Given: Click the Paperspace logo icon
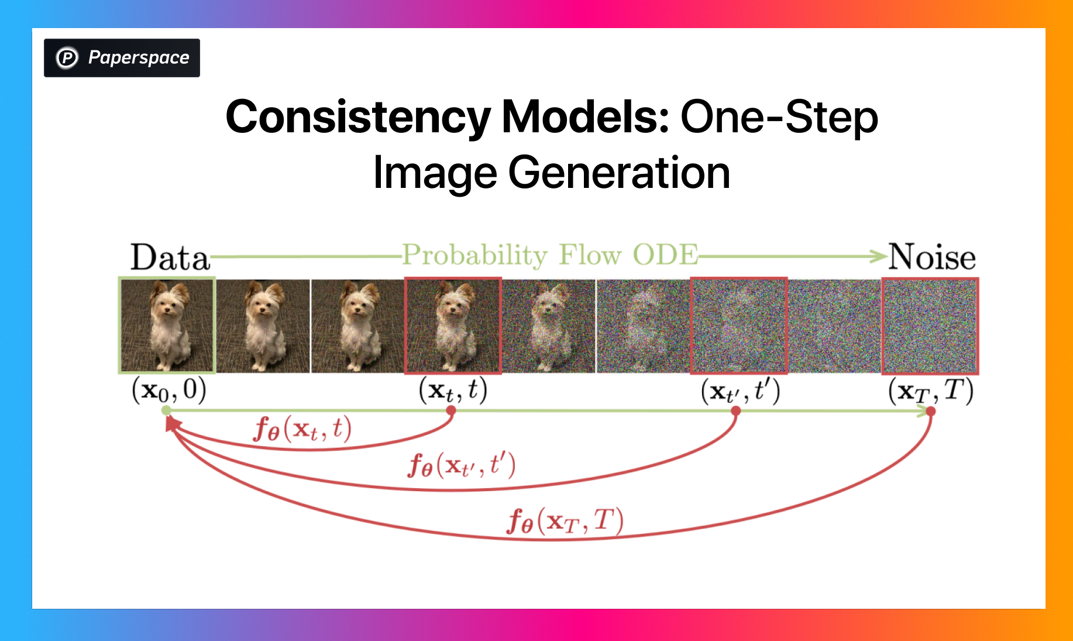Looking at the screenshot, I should tap(67, 58).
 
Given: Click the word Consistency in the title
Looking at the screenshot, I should tap(358, 117).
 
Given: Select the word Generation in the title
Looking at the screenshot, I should tap(619, 173).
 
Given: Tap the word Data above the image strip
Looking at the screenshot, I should tap(170, 258).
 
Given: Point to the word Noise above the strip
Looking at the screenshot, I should tap(932, 258).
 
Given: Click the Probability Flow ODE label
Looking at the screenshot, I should tap(550, 255).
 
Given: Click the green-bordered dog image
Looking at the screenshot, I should tap(167, 325).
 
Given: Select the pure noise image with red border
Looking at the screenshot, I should tap(930, 326).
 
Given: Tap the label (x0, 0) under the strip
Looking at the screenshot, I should tap(169, 390).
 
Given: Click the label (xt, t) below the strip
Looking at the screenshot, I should tap(453, 390).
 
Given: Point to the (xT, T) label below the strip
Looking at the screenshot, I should tap(930, 391).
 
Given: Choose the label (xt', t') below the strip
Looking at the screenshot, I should tap(740, 391).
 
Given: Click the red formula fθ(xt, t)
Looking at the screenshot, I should tap(302, 429).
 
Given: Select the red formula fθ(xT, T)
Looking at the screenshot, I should tap(565, 520).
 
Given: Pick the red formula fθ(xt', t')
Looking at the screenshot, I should tap(462, 465).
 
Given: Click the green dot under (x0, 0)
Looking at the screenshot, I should tap(167, 411).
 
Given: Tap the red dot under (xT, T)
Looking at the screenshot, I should tap(931, 412).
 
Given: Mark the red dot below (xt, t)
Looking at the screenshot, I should tap(451, 411).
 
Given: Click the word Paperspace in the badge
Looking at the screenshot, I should tap(139, 58).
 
